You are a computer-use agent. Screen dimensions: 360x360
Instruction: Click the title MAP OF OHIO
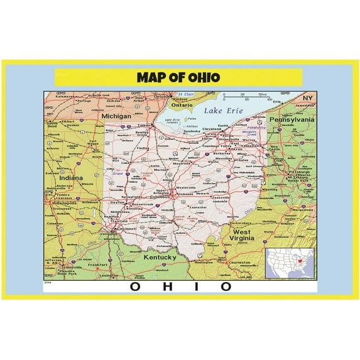click(x=178, y=77)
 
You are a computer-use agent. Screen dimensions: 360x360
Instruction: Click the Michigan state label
click(x=116, y=116)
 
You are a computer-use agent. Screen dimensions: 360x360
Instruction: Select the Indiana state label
click(x=70, y=178)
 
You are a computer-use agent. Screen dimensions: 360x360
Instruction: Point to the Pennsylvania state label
click(x=292, y=119)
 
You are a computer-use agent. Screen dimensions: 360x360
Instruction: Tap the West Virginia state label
click(x=243, y=235)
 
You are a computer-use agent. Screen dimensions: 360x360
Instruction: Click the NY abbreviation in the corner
click(x=307, y=99)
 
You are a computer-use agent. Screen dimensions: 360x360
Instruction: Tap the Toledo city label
click(x=144, y=126)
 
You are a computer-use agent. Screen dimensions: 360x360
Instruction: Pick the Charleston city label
click(x=239, y=263)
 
